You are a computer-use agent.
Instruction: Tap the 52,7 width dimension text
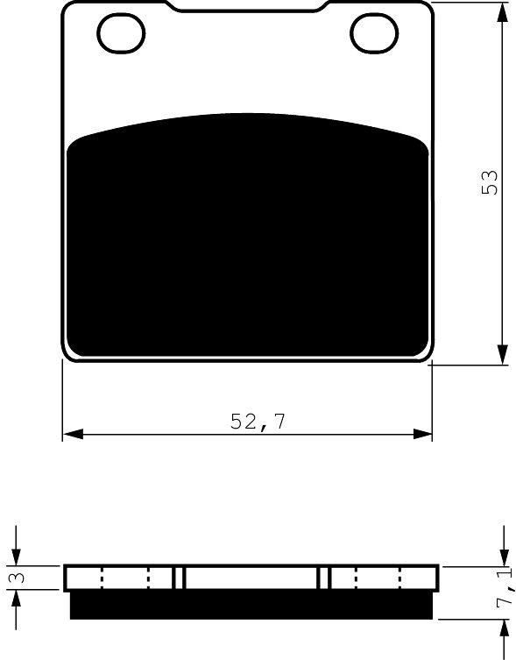258,422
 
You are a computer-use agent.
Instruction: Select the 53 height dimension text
490,182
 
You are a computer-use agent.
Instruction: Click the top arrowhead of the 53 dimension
503,12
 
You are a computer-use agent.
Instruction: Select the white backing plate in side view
251,578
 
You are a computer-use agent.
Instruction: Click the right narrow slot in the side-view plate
324,578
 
